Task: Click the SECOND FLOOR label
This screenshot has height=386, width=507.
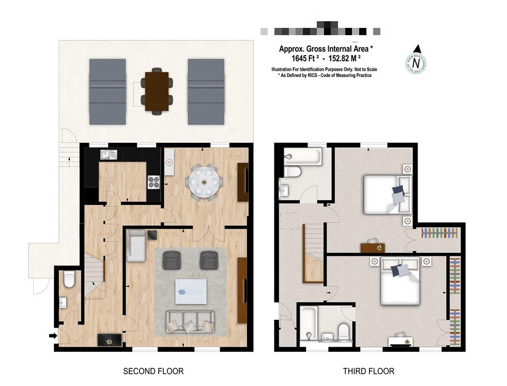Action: [x=153, y=371]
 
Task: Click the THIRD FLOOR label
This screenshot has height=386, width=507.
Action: [x=368, y=371]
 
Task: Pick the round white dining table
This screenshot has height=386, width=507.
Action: [x=206, y=182]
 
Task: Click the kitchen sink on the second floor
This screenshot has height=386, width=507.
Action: [x=109, y=154]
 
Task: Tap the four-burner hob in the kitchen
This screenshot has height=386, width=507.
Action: [x=153, y=182]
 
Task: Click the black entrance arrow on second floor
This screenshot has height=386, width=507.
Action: [x=53, y=336]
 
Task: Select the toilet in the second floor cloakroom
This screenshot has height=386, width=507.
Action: [x=69, y=280]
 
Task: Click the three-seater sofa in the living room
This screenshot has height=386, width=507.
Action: [x=190, y=322]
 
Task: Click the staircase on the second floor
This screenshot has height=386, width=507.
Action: [x=95, y=276]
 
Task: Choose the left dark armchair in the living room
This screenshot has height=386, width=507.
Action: [x=172, y=260]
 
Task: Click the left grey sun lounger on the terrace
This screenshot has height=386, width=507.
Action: [x=107, y=91]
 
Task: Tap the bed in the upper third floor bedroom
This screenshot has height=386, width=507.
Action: [x=388, y=194]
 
